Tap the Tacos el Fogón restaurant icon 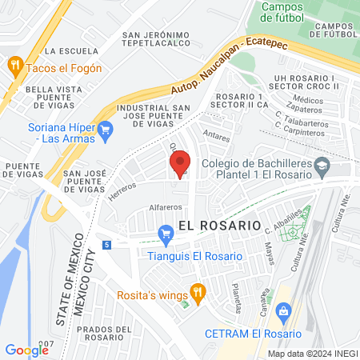(14, 66)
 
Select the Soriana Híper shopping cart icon (105, 128)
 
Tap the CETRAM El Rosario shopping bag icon (282, 310)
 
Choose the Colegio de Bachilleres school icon (322, 168)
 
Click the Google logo (26, 350)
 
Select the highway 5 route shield (107, 244)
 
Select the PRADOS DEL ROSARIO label (122, 330)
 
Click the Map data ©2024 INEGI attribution (310, 353)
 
